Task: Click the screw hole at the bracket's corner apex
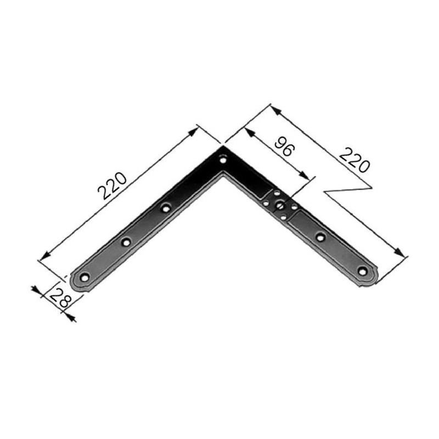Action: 223,161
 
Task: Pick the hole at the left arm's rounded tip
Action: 85,277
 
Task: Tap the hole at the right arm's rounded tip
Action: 362,270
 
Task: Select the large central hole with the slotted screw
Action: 280,206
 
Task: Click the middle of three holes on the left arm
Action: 126,241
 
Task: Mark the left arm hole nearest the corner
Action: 166,208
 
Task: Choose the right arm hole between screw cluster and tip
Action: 321,237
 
